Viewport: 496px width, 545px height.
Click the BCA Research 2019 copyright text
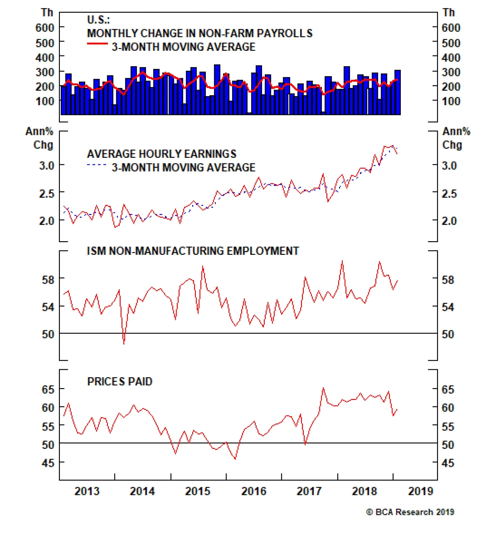410,512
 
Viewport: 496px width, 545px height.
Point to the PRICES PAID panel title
120,381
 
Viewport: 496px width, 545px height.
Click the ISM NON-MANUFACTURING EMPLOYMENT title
193,251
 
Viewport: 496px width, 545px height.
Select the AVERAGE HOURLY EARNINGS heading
162,154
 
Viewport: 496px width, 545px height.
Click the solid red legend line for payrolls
97,44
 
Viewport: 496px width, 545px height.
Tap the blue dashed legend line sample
97,165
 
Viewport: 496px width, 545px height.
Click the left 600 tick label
45,28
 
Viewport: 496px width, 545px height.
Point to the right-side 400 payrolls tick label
451,57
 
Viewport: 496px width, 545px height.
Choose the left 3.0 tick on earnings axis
46,166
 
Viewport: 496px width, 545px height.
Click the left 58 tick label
48,280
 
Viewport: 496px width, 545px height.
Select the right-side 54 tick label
448,307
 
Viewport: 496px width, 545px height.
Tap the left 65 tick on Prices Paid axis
48,389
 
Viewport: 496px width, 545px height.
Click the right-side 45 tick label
448,463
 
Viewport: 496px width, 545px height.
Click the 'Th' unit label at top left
47,13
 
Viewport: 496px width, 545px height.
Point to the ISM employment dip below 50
124,343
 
